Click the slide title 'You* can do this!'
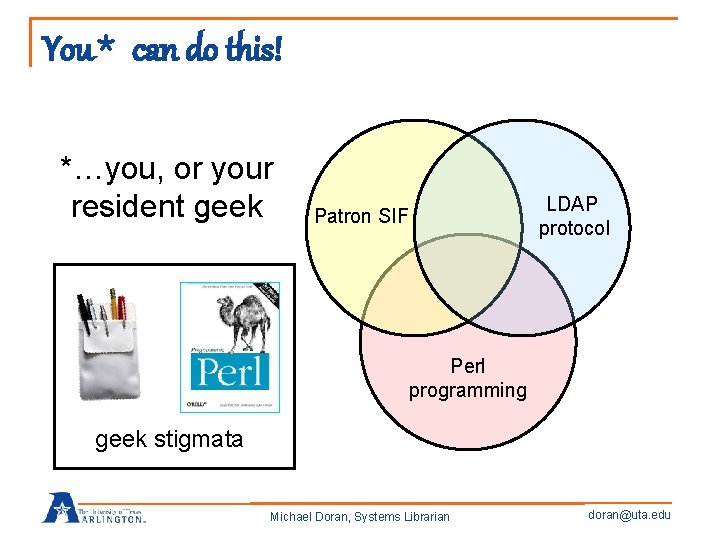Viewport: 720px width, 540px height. (161, 47)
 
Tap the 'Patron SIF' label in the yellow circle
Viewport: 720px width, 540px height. (361, 215)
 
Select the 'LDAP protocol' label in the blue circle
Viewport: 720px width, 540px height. (573, 215)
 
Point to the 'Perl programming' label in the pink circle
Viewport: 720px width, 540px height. (467, 378)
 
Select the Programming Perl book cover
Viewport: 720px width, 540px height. (229, 347)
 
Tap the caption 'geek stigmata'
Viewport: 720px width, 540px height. (169, 439)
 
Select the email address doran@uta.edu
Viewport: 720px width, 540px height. (631, 515)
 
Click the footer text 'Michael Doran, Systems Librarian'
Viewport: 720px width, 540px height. (360, 516)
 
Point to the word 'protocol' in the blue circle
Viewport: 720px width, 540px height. (573, 227)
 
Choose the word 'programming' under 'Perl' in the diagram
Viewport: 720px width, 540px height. (467, 390)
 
